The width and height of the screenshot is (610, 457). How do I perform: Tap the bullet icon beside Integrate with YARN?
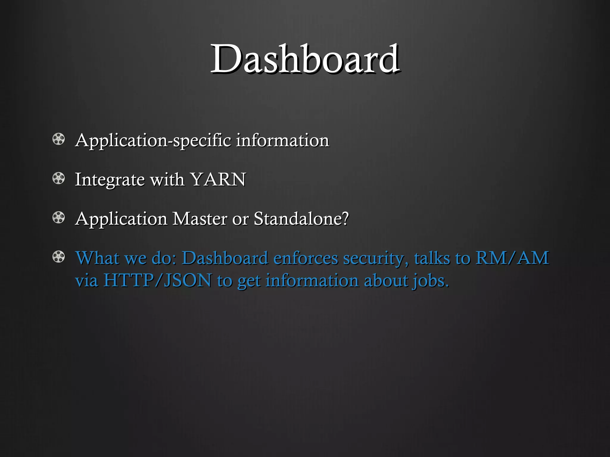tap(58, 179)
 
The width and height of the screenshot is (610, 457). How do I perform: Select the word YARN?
tap(218, 179)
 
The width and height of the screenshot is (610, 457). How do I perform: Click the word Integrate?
tap(110, 180)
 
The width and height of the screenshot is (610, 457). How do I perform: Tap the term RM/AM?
tap(512, 258)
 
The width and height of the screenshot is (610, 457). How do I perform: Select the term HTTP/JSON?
tap(157, 280)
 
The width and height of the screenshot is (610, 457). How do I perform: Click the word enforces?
tap(306, 258)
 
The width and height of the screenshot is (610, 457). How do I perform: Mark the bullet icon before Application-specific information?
tap(58, 139)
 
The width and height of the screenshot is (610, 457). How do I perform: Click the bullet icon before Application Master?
tap(58, 218)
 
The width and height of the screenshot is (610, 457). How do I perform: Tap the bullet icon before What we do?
tap(58, 257)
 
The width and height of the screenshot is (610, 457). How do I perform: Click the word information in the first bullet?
tap(282, 140)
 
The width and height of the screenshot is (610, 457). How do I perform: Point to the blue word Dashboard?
tap(225, 258)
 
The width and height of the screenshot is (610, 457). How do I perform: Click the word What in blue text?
tap(97, 258)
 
